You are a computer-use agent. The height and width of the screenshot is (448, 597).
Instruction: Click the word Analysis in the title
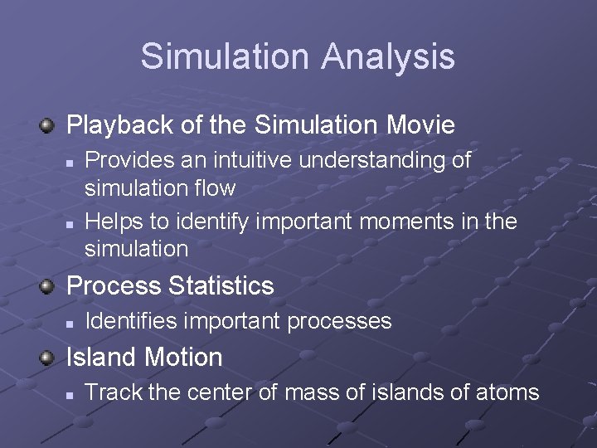[387, 57]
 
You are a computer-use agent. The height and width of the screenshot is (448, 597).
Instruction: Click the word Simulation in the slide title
[223, 57]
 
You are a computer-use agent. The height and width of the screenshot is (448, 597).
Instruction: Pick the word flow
[216, 188]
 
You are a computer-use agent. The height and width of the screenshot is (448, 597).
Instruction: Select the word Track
[111, 392]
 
